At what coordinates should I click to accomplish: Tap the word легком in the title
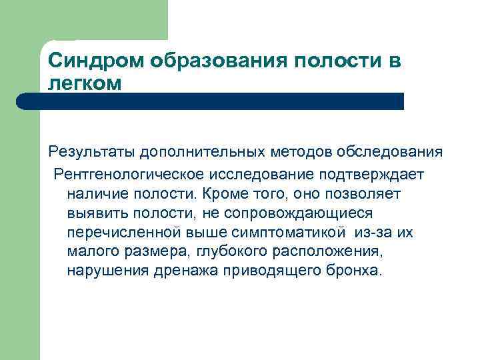pos(85,83)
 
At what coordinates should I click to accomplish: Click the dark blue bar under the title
pos(211,101)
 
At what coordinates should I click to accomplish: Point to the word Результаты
pos(92,153)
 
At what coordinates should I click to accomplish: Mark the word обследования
pos(391,153)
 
